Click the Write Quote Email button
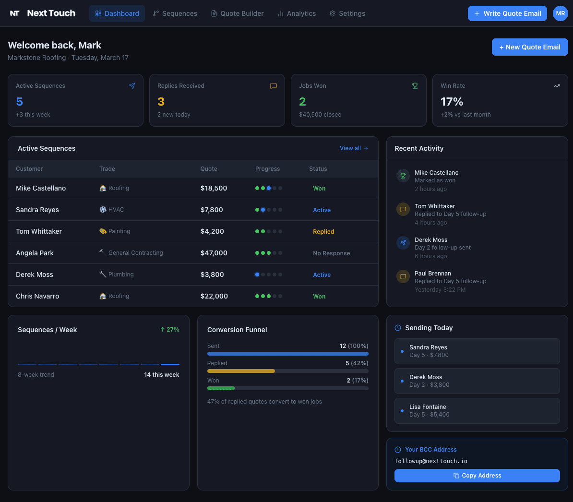507,13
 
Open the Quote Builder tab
238,13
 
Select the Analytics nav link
297,13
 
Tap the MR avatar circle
560,13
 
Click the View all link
354,148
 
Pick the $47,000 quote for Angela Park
214,253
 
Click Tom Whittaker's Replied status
323,231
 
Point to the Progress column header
267,169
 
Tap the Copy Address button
477,476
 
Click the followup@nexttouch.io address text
431,461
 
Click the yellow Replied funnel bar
241,371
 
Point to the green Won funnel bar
221,388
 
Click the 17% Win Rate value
452,102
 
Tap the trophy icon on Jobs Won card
415,86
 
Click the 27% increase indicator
170,330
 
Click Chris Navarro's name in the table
37,296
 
